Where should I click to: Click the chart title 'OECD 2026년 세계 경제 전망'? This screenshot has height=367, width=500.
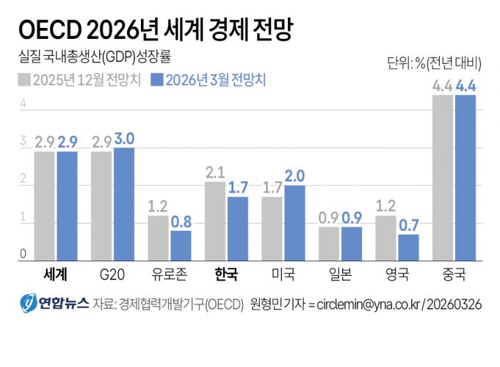point(155,30)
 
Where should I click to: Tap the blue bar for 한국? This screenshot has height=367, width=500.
point(238,229)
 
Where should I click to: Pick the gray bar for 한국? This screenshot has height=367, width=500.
point(215,221)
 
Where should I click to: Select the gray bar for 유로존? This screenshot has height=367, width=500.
point(158,238)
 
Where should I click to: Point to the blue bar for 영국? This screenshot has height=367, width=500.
point(409,247)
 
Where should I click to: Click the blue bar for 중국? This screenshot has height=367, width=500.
point(465,178)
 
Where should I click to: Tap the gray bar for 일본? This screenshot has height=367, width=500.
point(329,243)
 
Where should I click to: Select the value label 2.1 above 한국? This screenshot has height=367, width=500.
point(214,173)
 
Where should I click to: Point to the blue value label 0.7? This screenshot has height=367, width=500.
point(409,225)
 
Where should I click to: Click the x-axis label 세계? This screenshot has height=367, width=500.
point(55,275)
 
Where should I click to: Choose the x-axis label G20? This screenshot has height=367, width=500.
point(112,275)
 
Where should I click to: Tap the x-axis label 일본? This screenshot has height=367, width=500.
point(341,275)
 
